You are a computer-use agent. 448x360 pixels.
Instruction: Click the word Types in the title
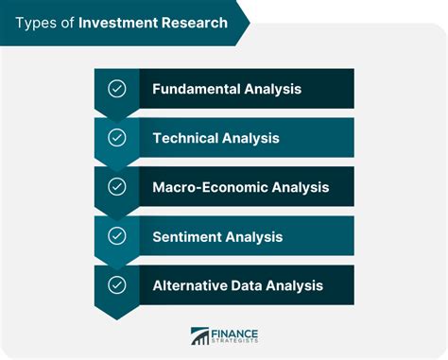click(35, 22)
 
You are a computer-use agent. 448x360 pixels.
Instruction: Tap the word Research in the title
click(192, 22)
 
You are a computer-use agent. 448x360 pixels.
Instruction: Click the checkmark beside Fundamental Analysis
click(117, 89)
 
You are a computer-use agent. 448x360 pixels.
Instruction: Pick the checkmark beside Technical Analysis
click(117, 138)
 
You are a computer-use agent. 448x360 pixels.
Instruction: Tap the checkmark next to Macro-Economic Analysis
click(117, 187)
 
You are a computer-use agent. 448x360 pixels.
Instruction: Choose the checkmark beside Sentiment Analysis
click(117, 236)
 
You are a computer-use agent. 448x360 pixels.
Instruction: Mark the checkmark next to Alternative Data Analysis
click(117, 285)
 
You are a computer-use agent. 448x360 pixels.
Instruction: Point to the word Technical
click(185, 138)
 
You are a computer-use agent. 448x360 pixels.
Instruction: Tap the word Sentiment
click(187, 236)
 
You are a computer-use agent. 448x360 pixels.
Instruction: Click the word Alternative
click(187, 285)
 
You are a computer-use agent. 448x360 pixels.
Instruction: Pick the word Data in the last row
click(245, 285)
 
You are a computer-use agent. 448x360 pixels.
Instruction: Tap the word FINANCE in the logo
click(235, 332)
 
